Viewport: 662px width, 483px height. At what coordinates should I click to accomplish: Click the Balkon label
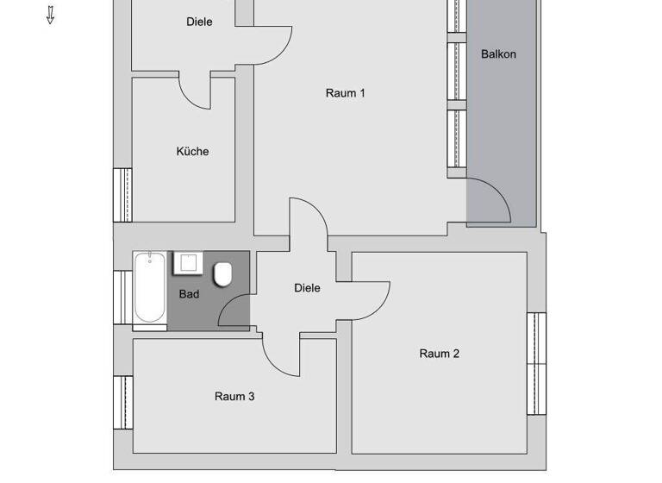click(x=498, y=53)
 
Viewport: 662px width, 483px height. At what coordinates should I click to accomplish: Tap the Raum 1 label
click(x=345, y=93)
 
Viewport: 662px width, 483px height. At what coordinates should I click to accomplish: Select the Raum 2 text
click(x=439, y=353)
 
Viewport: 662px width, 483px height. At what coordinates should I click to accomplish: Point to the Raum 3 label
click(x=234, y=397)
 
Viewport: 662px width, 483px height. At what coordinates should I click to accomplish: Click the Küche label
click(x=192, y=151)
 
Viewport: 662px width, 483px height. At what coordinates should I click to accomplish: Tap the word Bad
click(x=189, y=294)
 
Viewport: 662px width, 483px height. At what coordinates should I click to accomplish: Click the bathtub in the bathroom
click(x=149, y=291)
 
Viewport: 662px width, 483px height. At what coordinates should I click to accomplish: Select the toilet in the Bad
click(x=222, y=275)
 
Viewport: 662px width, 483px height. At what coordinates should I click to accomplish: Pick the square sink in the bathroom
click(x=188, y=263)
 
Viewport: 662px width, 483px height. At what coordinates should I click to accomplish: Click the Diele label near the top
click(x=199, y=22)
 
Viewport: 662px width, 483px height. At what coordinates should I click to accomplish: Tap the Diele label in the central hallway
click(x=307, y=288)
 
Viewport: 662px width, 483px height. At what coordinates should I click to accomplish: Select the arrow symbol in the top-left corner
click(x=50, y=15)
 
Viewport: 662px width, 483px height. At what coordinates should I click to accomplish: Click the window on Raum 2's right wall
click(x=536, y=362)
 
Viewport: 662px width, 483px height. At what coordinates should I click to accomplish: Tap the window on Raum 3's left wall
click(x=123, y=401)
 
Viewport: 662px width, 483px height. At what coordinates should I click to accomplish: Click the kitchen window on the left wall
click(x=122, y=195)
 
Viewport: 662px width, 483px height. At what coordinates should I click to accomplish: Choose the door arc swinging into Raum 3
click(x=281, y=357)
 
